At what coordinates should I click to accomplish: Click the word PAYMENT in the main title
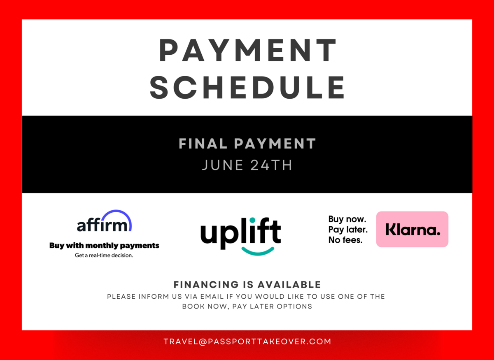[247, 50]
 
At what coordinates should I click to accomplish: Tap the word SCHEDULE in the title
[247, 88]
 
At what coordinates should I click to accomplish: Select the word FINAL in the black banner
[203, 144]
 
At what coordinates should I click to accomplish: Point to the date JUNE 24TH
[247, 165]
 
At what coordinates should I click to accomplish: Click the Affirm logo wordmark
[102, 225]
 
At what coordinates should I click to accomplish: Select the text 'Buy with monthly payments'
[104, 246]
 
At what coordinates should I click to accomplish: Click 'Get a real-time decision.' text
[104, 255]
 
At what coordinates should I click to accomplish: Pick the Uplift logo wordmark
[240, 234]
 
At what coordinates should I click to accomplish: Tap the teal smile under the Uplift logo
[258, 252]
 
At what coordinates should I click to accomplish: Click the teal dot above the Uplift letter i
[252, 220]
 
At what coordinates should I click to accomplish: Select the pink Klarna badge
[412, 229]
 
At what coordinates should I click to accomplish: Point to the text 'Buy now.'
[347, 219]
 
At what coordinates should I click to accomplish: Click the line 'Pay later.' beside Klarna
[348, 230]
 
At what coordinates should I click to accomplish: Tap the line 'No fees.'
[345, 240]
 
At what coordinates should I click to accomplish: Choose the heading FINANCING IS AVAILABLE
[247, 285]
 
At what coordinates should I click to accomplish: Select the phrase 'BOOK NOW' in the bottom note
[206, 307]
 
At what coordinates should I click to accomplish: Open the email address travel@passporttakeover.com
[247, 341]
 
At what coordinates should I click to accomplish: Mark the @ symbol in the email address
[202, 342]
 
